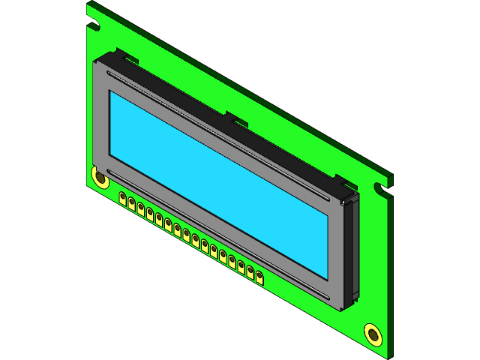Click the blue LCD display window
click(217, 180)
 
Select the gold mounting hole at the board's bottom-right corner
click(373, 334)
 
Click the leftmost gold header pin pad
click(122, 198)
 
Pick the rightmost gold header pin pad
click(259, 279)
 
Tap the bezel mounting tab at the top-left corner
click(124, 55)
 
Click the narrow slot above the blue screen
click(217, 135)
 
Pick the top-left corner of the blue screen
click(111, 92)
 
